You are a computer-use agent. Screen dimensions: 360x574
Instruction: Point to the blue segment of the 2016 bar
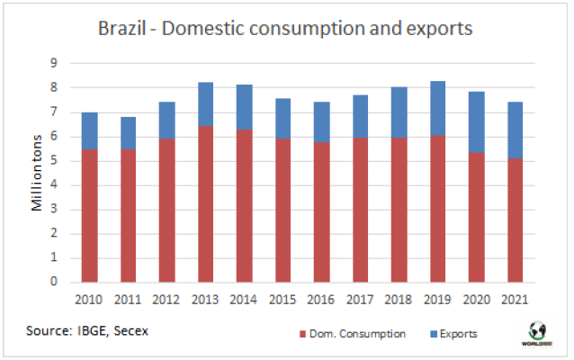pos(322,121)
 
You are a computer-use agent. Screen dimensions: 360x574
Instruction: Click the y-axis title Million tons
pos(38,172)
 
